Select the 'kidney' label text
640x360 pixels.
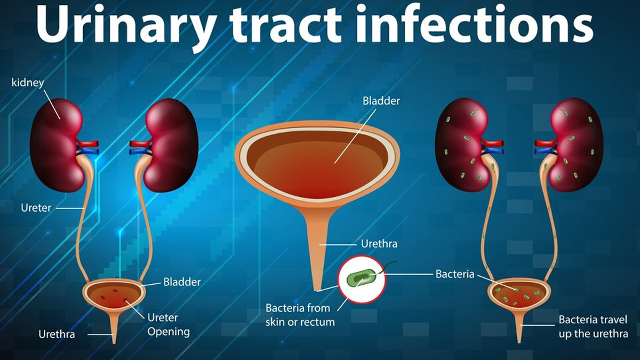pyautogui.click(x=27, y=83)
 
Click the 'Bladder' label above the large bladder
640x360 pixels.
pyautogui.click(x=381, y=100)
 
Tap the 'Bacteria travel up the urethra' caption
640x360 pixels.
pyautogui.click(x=593, y=326)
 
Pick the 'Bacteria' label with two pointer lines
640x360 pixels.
pyautogui.click(x=454, y=274)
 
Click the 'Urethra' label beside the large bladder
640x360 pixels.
pyautogui.click(x=379, y=244)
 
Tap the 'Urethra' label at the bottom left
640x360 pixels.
pyautogui.click(x=57, y=334)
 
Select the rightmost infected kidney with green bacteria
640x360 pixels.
pyautogui.click(x=574, y=144)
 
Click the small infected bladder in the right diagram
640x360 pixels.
pyautogui.click(x=519, y=295)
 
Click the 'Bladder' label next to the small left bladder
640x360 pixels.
pyautogui.click(x=182, y=282)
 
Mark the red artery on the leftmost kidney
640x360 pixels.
pyautogui.click(x=87, y=143)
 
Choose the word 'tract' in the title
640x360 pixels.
pyautogui.click(x=293, y=24)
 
